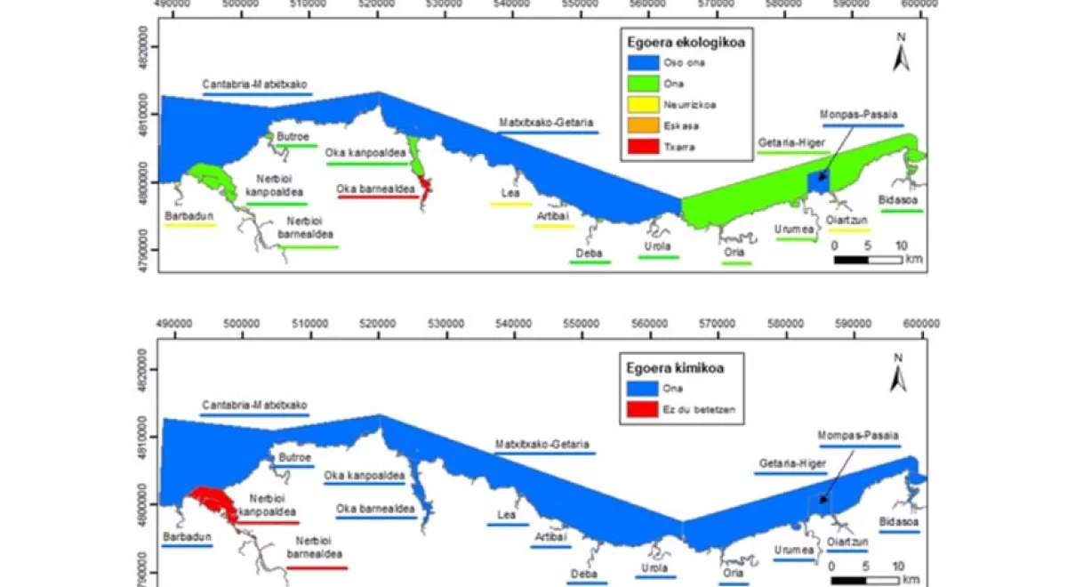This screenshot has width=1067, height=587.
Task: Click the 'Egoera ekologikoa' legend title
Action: (x=682, y=41)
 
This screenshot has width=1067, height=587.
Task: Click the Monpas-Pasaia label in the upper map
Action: (x=858, y=115)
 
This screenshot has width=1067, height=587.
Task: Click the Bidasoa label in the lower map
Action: (x=899, y=521)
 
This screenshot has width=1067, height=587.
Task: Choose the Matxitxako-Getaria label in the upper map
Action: (x=547, y=122)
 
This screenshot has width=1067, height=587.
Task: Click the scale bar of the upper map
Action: (x=867, y=259)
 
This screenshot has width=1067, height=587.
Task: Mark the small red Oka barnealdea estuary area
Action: (x=424, y=185)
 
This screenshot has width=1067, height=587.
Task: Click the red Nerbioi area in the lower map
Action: (x=213, y=500)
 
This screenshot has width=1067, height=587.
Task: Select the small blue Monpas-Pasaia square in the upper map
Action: (x=816, y=181)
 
